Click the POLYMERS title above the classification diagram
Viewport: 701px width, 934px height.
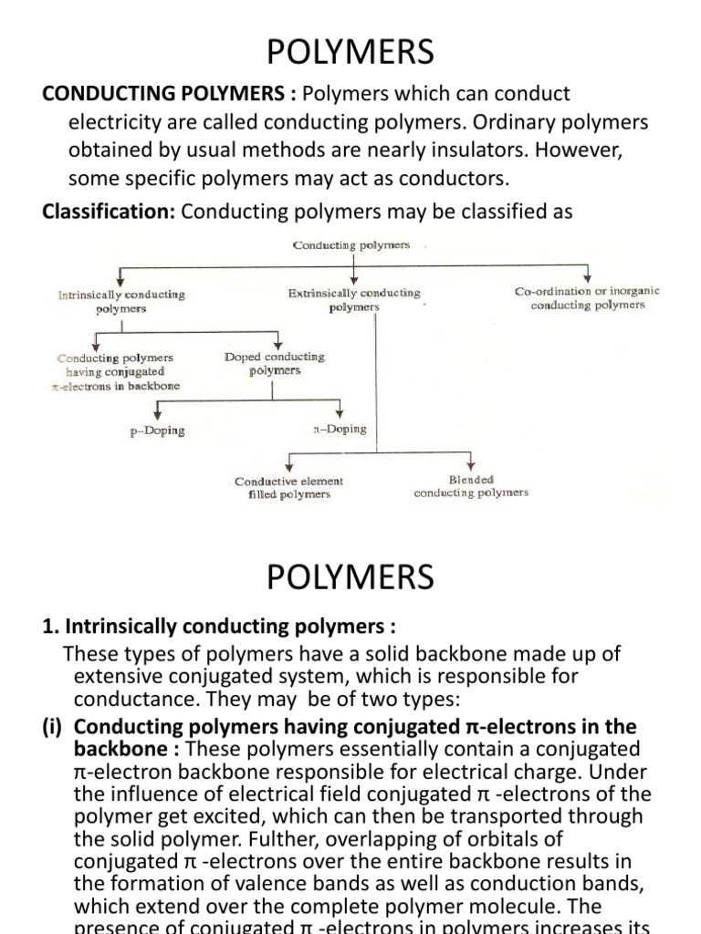click(350, 53)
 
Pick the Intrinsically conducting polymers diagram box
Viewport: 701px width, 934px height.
click(121, 302)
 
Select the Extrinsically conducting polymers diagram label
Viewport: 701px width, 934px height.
click(354, 300)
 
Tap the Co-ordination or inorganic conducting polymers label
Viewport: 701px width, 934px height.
click(587, 298)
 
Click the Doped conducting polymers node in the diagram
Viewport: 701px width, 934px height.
click(274, 364)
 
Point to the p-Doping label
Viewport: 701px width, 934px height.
click(157, 431)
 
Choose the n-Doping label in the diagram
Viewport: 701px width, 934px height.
click(340, 429)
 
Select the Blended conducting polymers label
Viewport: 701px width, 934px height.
click(471, 486)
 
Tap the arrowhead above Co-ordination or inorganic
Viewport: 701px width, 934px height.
click(589, 278)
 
